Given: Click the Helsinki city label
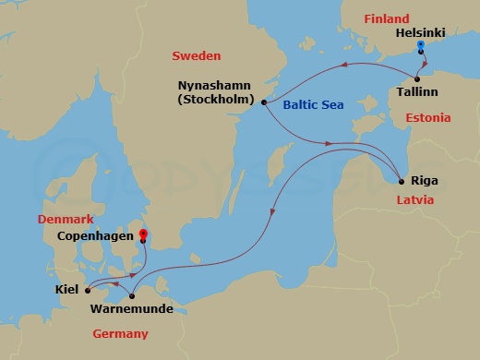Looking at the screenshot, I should (419, 32).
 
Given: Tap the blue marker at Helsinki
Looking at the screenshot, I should (420, 44).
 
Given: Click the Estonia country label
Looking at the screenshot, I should (427, 118).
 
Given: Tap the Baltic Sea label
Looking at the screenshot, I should (313, 105).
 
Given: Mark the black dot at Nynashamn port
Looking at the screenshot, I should (264, 102).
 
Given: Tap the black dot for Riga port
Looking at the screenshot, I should (401, 181).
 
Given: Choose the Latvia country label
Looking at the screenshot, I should (414, 200).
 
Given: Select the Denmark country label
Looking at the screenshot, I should (66, 219).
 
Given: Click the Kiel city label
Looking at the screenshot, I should (66, 289).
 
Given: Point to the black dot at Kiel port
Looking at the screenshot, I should (88, 289).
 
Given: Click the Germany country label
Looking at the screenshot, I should (120, 333).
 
